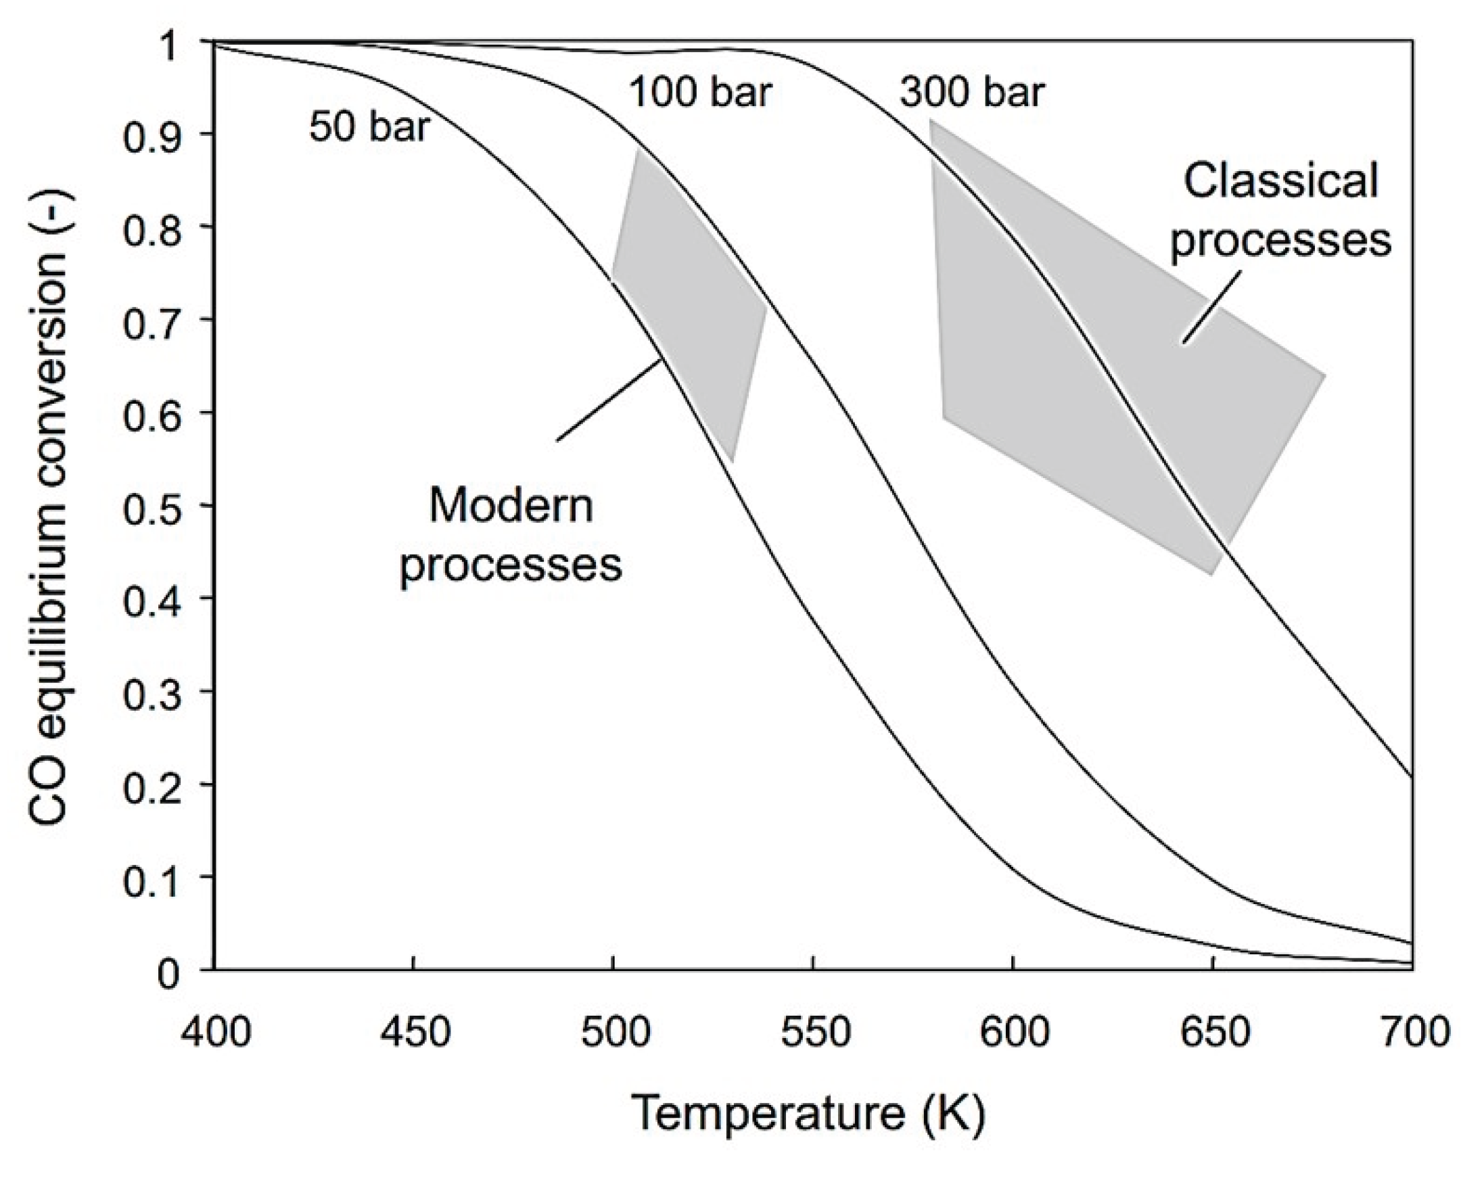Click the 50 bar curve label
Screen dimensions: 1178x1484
tap(369, 127)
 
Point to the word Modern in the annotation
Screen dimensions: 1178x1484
tap(510, 506)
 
